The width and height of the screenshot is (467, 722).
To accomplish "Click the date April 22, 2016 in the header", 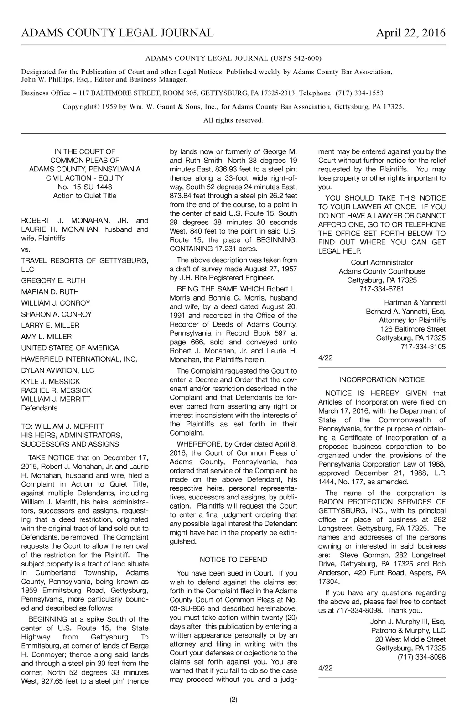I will [410, 33].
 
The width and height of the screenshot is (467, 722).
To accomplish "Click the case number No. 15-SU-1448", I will [85, 187].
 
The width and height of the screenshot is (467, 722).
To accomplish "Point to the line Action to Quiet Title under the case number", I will [85, 196].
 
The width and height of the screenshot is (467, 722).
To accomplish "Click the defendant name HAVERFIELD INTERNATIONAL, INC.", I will [79, 359].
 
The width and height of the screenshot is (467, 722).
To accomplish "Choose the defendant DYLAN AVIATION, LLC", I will [58, 370].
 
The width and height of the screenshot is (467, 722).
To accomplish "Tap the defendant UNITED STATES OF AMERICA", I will [70, 348].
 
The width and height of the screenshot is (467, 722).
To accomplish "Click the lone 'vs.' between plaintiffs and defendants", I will [25, 249].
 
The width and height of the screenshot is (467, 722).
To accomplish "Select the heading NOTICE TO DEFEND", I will [233, 560].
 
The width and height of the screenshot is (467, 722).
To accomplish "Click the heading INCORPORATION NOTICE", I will [382, 379].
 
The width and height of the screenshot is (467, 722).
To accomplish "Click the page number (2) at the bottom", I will [233, 700].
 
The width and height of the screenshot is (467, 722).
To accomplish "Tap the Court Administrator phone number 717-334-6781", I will [382, 289].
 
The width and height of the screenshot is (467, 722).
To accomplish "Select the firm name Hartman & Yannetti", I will [415, 302].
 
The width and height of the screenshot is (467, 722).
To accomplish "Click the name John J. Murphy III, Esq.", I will [408, 622].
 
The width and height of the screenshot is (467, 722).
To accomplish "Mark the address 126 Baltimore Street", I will [413, 329].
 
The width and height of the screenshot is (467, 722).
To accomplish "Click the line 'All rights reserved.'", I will [233, 120].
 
